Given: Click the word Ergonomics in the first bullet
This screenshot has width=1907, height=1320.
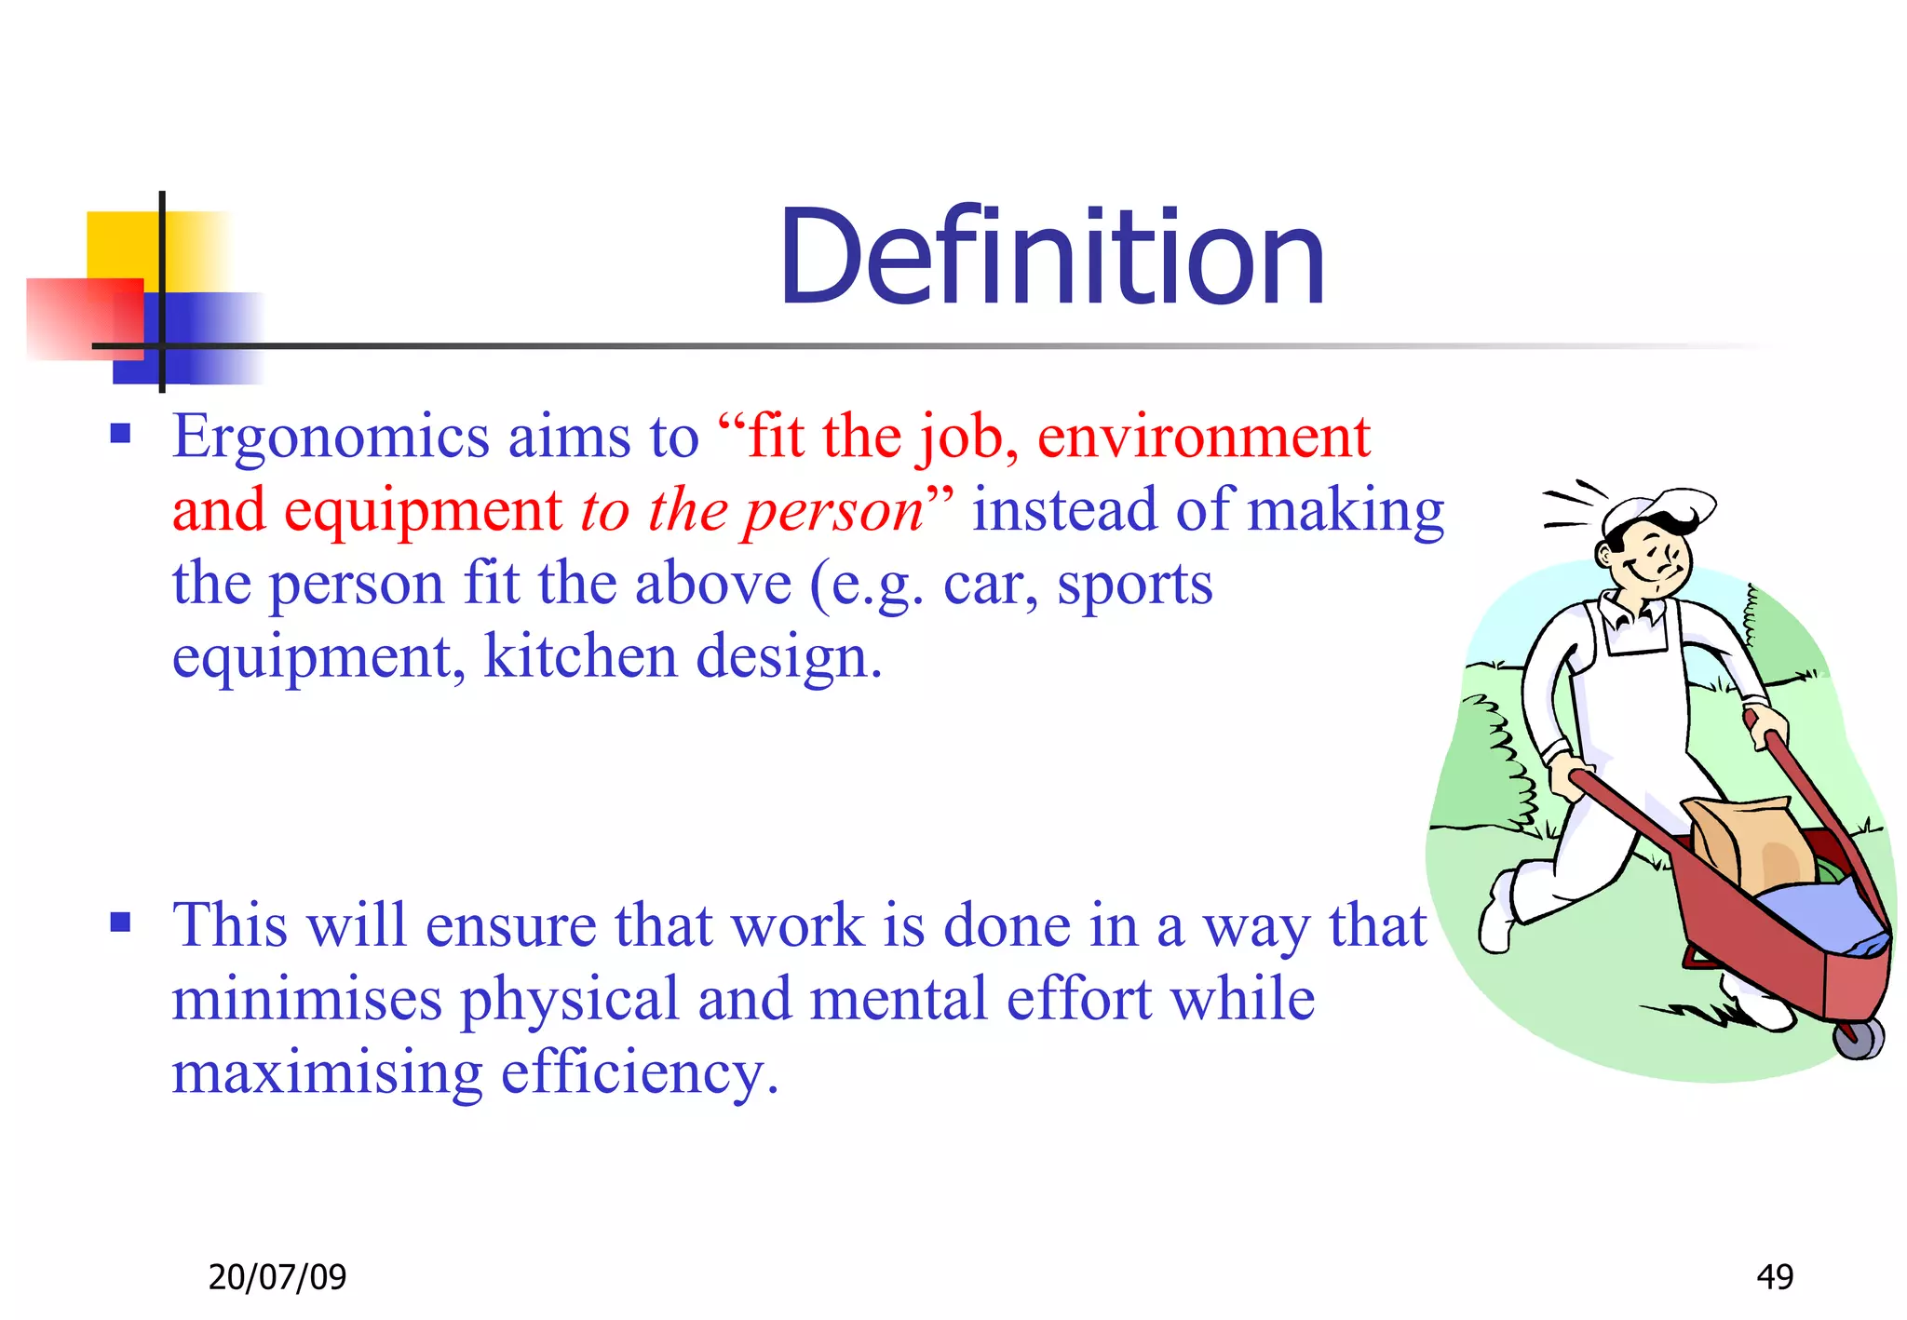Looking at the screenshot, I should click(330, 438).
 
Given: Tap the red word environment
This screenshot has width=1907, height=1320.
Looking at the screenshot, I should click(1203, 438).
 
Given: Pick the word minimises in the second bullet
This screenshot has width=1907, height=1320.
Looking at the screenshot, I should click(306, 1000).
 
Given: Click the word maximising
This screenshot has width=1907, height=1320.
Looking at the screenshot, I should click(327, 1072).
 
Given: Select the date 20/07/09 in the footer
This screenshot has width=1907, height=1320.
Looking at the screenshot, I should click(277, 1276).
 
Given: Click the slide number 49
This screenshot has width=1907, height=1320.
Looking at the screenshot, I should click(1774, 1276).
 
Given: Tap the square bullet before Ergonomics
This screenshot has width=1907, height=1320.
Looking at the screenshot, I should click(120, 433).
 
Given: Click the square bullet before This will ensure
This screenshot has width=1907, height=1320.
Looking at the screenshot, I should click(120, 922).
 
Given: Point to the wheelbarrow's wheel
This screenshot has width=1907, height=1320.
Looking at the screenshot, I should click(1858, 1038).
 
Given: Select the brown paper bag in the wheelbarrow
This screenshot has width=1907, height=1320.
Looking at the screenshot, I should click(1741, 842).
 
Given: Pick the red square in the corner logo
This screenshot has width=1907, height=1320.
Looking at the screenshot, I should click(79, 317).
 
